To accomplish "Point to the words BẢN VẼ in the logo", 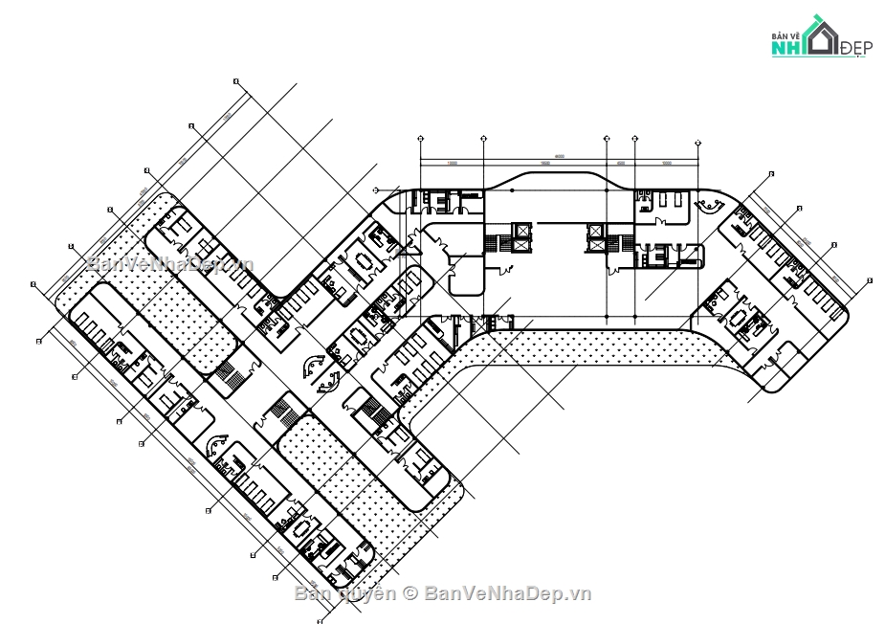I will click(786, 35).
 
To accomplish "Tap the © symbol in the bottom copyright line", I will click(409, 593).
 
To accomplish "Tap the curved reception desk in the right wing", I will click(711, 204).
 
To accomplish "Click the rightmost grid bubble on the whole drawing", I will click(869, 279).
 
